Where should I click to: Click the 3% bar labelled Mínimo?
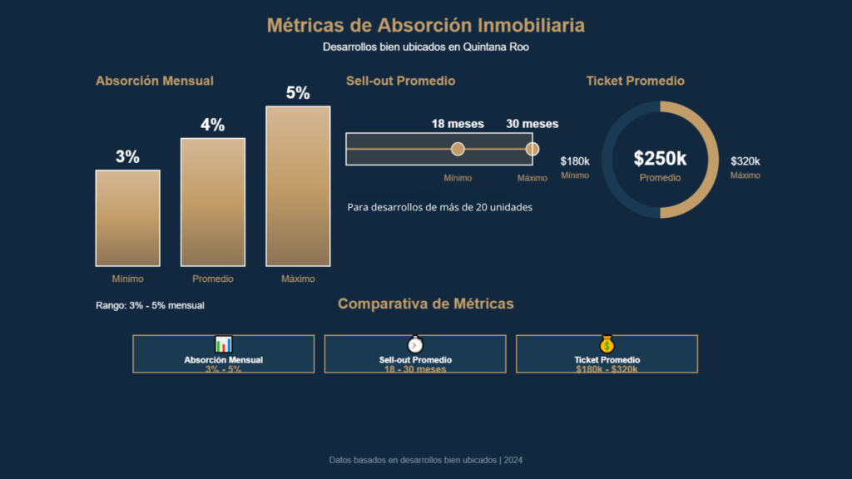pos(127,218)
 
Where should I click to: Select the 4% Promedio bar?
pos(212,202)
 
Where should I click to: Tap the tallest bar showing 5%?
pos(298,185)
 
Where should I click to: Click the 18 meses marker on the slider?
pos(458,149)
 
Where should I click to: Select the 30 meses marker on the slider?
pos(532,149)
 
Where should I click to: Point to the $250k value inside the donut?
pos(660,159)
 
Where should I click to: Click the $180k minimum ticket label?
pos(575,161)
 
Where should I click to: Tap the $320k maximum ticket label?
pos(745,161)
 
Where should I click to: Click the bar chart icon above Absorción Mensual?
pos(223,344)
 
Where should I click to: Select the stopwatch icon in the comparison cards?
pos(415,344)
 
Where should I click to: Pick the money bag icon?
pos(607,344)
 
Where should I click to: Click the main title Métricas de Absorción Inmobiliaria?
pos(425,26)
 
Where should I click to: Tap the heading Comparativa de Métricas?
pos(425,304)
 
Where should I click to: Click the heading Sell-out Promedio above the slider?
pos(400,81)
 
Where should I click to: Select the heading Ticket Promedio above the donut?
pos(635,81)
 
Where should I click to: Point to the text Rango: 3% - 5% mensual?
pos(150,306)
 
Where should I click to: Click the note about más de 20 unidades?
pos(439,207)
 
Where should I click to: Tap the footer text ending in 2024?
pos(425,460)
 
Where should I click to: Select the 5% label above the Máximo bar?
pos(298,93)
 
